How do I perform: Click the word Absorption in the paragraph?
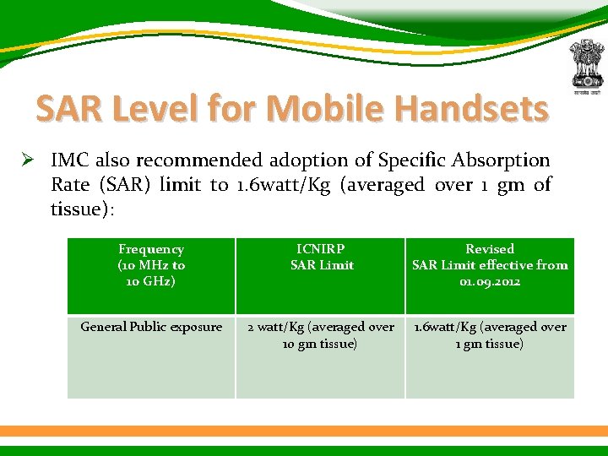click(x=504, y=160)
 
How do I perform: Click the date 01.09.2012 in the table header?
click(x=490, y=281)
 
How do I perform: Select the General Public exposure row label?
click(x=151, y=327)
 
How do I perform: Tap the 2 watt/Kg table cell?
click(x=321, y=335)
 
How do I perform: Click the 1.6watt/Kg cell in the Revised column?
click(x=490, y=335)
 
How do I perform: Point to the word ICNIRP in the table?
click(x=321, y=249)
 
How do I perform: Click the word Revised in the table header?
click(x=490, y=249)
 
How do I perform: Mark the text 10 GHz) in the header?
click(x=152, y=281)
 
